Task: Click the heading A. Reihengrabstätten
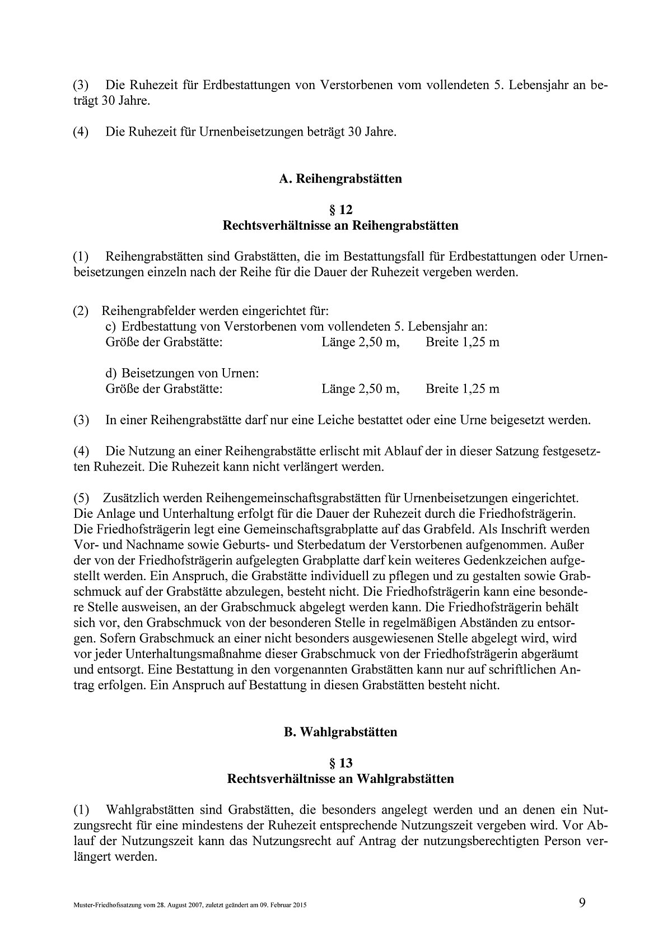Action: [340, 179]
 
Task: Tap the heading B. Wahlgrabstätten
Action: [340, 732]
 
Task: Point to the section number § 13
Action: [340, 763]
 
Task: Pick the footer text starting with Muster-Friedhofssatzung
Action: [190, 905]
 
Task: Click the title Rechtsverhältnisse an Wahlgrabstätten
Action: [340, 779]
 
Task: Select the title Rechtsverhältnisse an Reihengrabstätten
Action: [340, 226]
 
